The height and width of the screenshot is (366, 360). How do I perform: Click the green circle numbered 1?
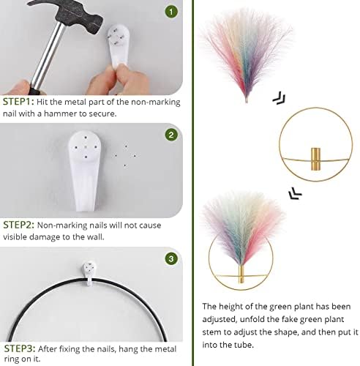click(171, 11)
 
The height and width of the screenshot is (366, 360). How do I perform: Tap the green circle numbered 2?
click(171, 135)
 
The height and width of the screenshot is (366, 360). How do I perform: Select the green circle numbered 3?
click(171, 258)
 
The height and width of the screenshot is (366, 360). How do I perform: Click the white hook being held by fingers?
click(119, 45)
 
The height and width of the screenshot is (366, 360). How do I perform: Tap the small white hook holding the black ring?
click(89, 273)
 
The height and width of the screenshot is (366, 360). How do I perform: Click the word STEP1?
click(17, 102)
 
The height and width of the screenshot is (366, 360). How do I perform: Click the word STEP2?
click(18, 225)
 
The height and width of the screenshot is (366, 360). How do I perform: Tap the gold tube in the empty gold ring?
click(315, 159)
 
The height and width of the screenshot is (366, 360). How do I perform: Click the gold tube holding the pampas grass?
click(241, 274)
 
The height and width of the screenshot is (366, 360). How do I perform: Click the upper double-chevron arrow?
click(279, 98)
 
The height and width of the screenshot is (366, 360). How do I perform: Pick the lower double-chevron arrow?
click(295, 194)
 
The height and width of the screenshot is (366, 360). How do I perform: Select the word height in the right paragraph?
click(232, 307)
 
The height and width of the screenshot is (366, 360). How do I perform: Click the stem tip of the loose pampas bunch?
click(247, 101)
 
